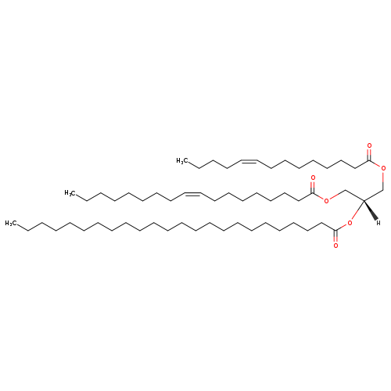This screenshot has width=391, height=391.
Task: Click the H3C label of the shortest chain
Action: point(182,161)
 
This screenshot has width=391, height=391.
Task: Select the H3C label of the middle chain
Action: point(70,193)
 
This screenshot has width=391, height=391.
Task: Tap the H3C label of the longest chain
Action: point(11,224)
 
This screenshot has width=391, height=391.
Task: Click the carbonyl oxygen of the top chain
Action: point(369,145)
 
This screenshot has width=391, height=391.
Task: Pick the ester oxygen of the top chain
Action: point(383,168)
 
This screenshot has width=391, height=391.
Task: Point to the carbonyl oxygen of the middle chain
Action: point(313,178)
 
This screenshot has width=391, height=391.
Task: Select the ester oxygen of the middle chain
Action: point(326,200)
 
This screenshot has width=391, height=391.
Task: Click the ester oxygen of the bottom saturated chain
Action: point(350,223)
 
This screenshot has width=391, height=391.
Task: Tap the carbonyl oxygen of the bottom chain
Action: point(335,246)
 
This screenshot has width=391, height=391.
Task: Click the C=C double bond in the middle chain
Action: point(193,193)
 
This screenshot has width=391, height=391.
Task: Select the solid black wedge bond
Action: point(371,210)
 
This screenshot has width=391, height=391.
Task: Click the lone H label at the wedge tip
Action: point(378,223)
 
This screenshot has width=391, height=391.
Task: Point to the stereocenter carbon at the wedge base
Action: point(364,201)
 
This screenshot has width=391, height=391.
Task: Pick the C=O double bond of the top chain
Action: point(369,155)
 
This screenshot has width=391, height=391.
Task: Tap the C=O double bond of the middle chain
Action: point(313,187)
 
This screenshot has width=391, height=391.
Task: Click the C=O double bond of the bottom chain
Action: point(335,236)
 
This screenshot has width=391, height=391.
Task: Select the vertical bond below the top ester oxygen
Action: point(383,181)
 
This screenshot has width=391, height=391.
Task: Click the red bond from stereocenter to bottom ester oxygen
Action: point(357,210)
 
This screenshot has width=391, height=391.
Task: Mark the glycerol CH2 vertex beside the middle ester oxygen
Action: point(345,190)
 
